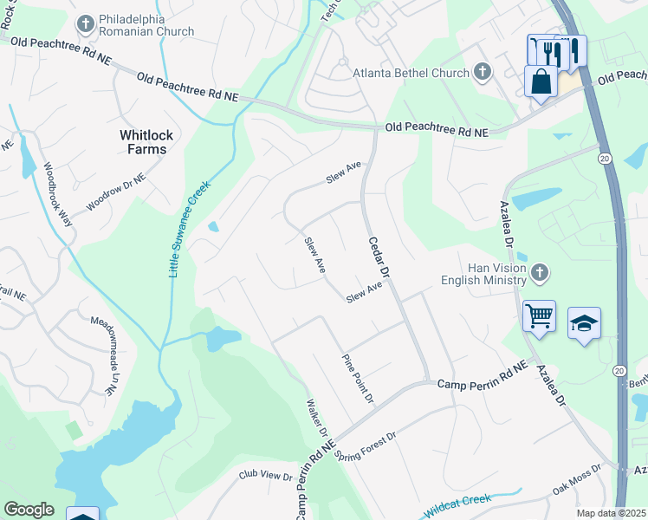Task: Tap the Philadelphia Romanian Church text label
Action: point(146,25)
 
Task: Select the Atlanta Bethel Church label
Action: point(411,73)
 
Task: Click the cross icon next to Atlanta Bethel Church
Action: point(483,73)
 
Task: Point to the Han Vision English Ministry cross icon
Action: point(540,273)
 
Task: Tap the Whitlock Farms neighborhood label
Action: point(143,141)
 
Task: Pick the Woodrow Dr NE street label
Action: point(115,193)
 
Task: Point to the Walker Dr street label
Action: point(316,419)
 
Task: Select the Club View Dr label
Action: point(267,476)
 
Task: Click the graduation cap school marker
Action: point(585,324)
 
